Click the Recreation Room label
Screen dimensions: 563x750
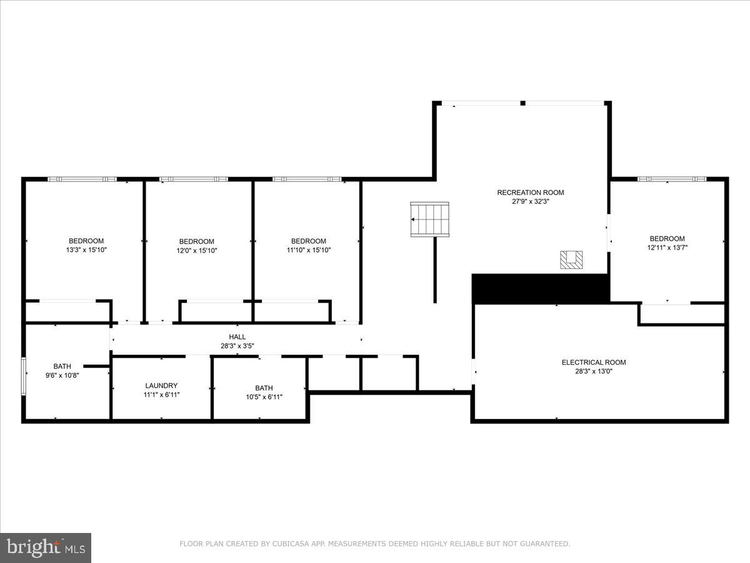(x=530, y=193)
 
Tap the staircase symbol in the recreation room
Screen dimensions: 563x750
(x=430, y=219)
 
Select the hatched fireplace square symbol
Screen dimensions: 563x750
(x=571, y=260)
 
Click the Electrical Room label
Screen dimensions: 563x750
(x=593, y=362)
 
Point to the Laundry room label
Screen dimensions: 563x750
(x=161, y=386)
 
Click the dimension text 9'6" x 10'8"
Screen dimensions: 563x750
(x=62, y=375)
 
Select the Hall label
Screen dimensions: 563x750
(x=237, y=337)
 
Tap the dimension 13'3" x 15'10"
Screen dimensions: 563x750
(x=86, y=250)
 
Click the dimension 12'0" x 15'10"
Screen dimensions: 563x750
(x=196, y=251)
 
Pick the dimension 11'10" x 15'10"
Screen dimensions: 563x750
(x=309, y=250)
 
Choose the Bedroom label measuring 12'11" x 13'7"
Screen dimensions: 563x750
(x=667, y=238)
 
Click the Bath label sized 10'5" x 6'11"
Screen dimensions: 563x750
(x=264, y=388)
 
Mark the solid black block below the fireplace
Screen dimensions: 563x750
(x=541, y=288)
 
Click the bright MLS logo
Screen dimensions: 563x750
(x=46, y=547)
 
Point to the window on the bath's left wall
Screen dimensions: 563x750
(x=24, y=376)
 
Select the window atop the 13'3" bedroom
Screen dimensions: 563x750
(x=82, y=180)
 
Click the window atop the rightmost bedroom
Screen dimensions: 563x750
(x=672, y=180)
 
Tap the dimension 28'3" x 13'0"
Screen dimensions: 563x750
(x=593, y=372)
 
